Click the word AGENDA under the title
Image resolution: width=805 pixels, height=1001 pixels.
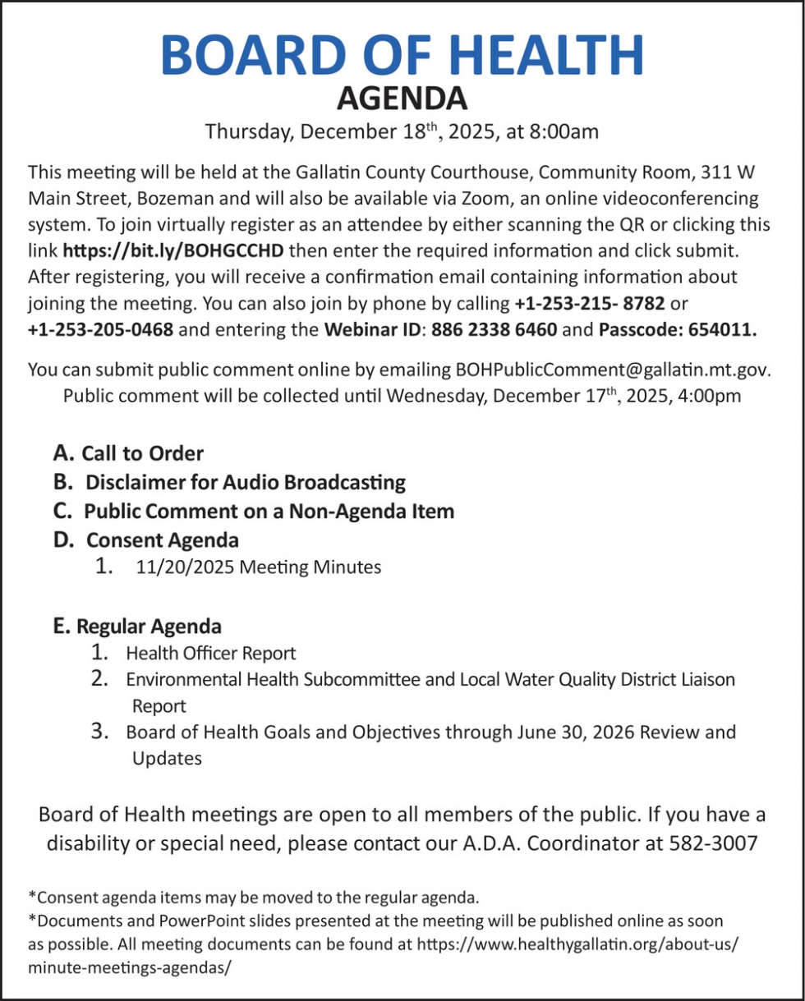pos(402,99)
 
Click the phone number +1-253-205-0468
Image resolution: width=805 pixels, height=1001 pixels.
pos(100,330)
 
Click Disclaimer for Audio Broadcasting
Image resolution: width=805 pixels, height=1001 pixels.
pos(245,481)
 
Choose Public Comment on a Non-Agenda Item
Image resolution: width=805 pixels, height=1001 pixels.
pos(269,511)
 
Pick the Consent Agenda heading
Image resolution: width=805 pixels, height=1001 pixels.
pos(162,540)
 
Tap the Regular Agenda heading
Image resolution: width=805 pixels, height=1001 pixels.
pos(148,627)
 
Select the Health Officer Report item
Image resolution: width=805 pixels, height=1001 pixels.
pos(210,654)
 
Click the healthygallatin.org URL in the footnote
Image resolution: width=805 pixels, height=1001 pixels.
pos(575,944)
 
